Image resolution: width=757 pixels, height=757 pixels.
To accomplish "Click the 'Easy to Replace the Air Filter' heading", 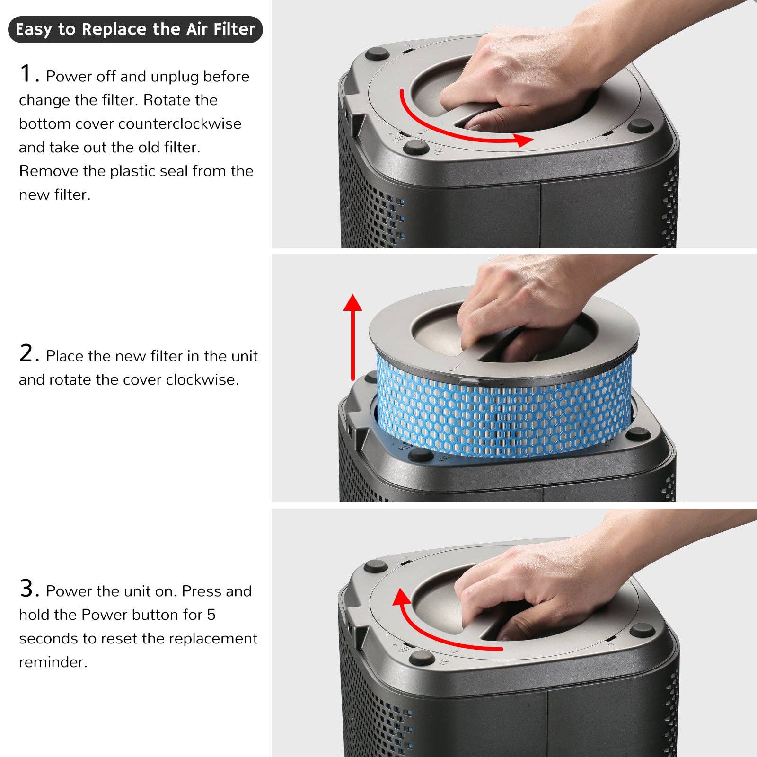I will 135,29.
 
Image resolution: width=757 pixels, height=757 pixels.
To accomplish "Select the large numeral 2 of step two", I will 26,353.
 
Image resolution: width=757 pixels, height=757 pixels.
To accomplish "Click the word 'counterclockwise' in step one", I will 180,124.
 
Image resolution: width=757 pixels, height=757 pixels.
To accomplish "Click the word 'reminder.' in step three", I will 53,662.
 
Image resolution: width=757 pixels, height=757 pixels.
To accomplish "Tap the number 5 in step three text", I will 211,615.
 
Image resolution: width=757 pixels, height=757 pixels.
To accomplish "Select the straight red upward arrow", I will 352,336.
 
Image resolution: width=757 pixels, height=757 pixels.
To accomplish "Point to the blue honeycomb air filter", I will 502,412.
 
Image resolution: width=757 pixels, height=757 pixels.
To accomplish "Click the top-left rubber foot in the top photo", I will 377,53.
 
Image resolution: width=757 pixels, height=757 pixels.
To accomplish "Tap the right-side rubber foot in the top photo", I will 640,126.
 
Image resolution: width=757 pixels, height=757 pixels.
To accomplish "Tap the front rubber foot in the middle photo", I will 419,455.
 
